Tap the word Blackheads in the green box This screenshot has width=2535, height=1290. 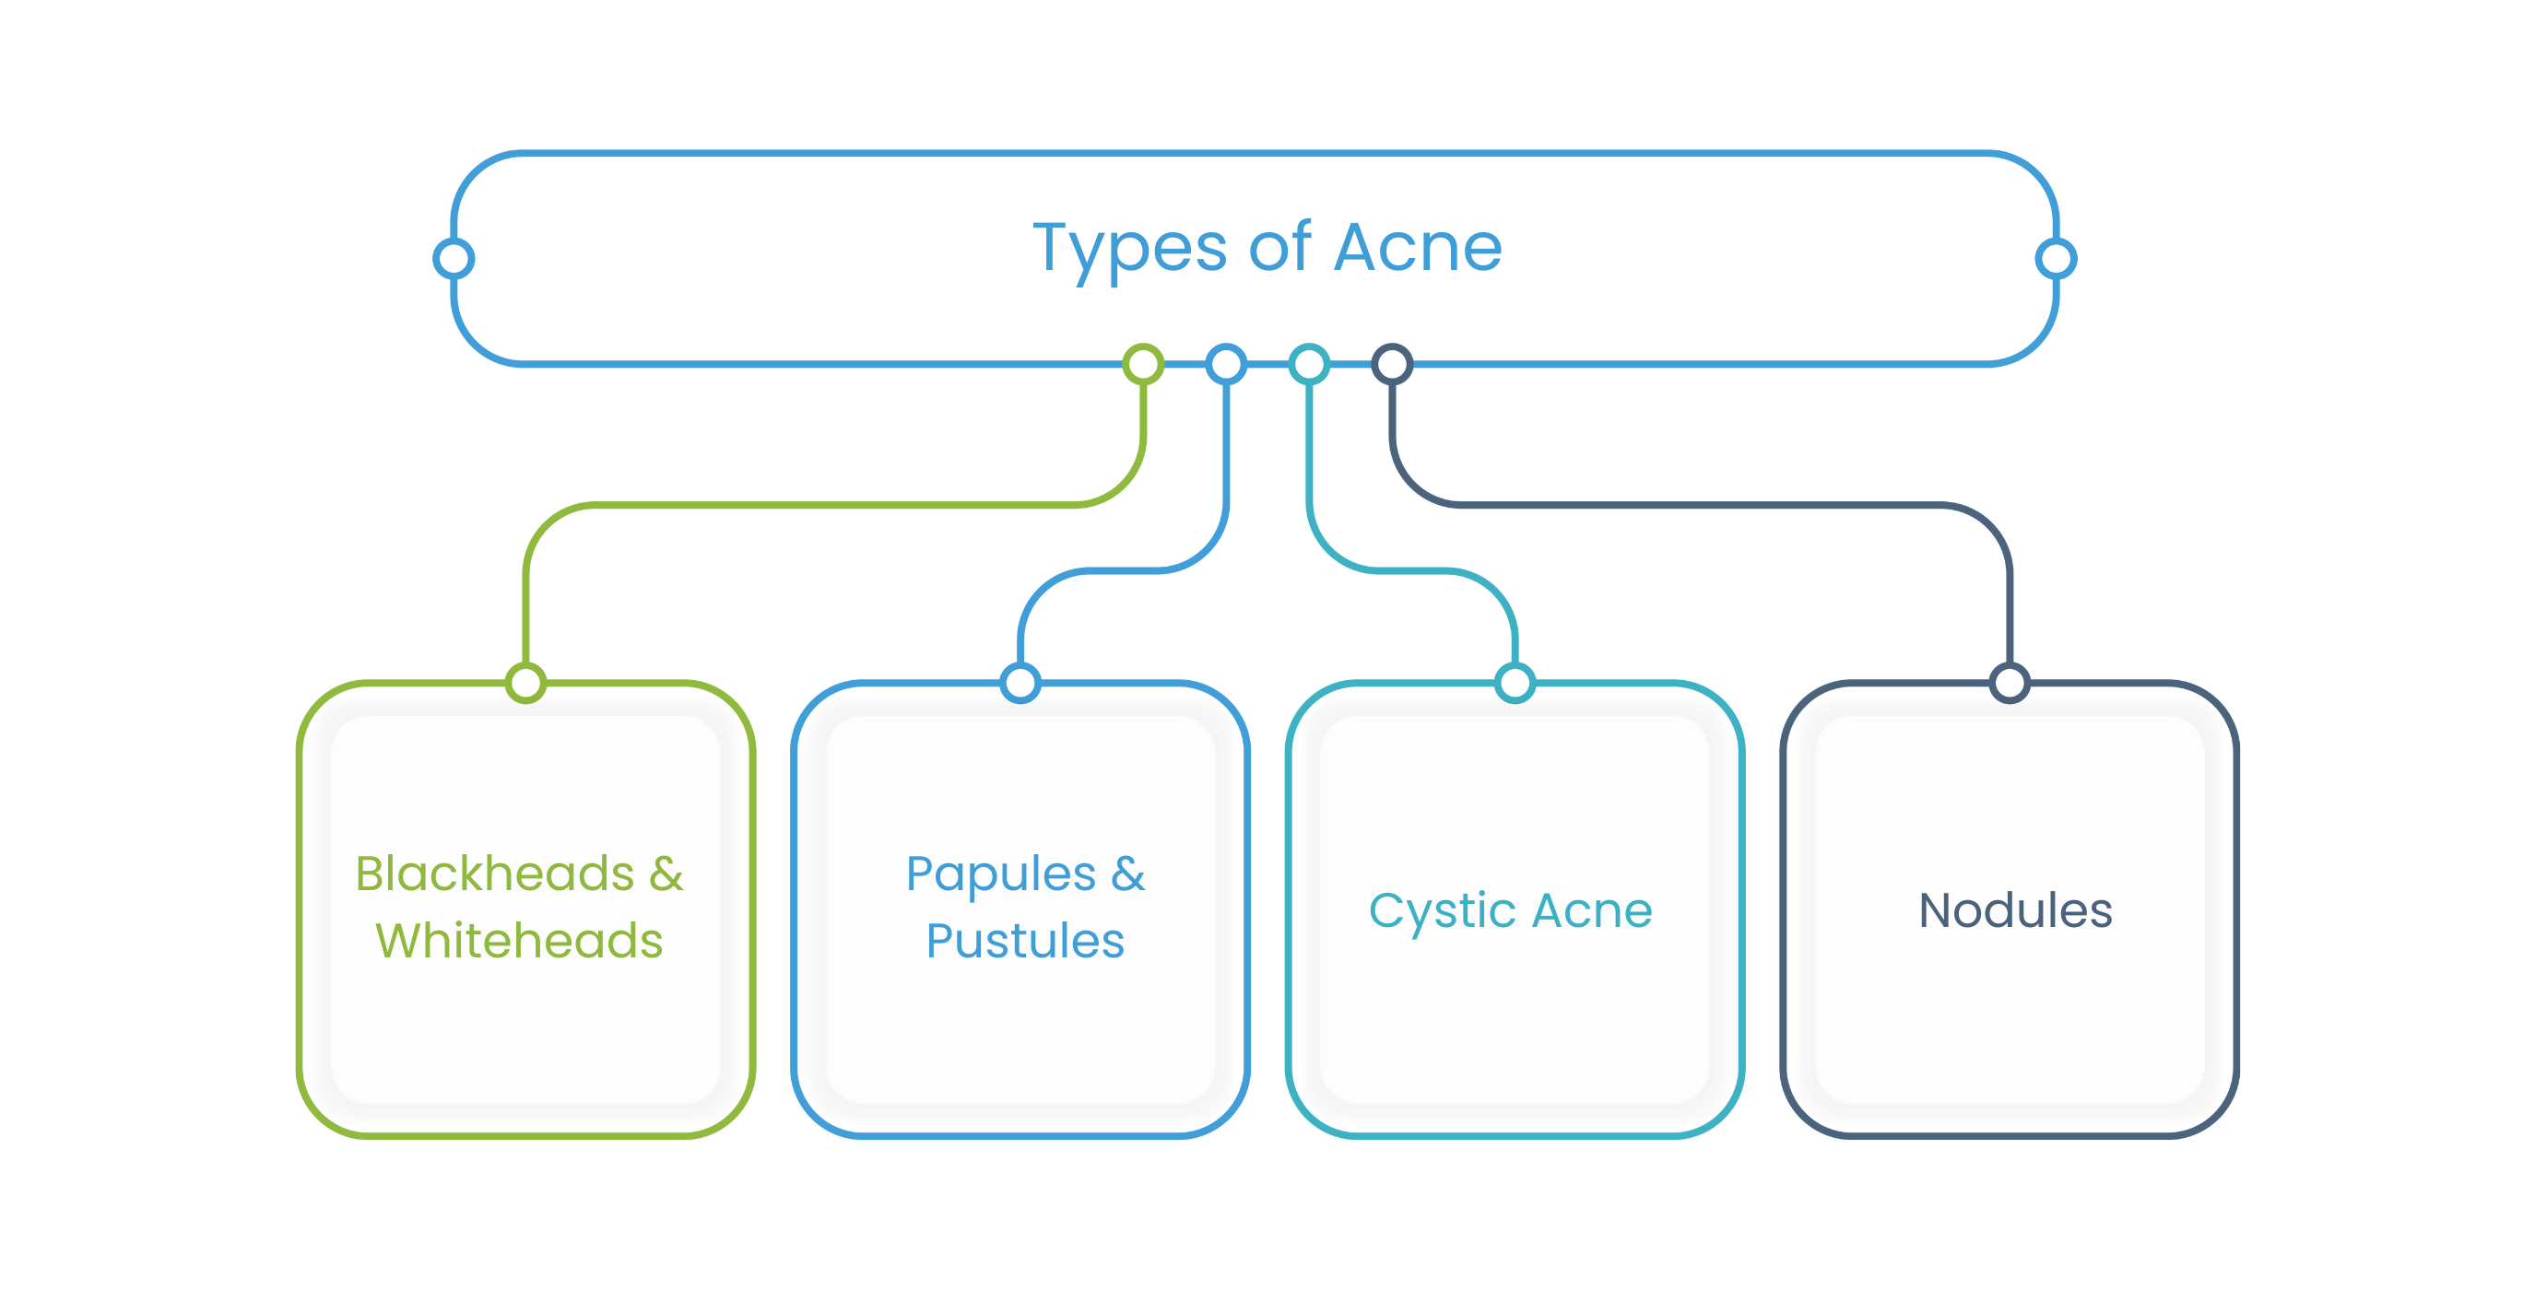pos(495,874)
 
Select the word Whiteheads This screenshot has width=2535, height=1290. pos(519,941)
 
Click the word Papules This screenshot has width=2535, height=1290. pos(1001,874)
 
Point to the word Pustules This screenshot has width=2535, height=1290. pos(1024,941)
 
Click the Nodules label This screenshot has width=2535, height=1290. pos(2015,910)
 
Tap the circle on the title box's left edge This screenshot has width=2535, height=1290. pos(454,259)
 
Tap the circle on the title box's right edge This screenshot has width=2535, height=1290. pos(2056,259)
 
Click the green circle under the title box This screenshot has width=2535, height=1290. pos(1143,365)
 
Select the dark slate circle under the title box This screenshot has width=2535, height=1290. pos(1393,365)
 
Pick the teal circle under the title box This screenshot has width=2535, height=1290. pos(1310,365)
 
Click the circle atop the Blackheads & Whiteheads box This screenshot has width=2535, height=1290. pos(526,682)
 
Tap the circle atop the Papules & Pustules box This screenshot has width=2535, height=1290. pos(1020,682)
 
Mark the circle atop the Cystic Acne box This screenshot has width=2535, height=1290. pos(1515,682)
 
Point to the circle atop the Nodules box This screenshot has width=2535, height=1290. pos(2010,682)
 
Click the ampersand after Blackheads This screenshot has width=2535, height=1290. pos(666,874)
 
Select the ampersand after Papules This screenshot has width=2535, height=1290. pos(1128,874)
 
